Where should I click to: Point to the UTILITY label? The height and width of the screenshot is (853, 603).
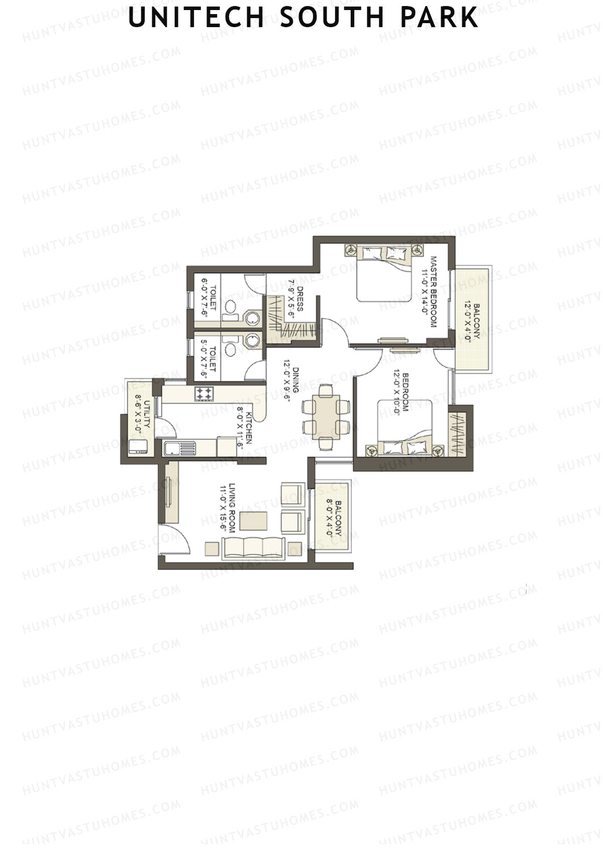pos(142,414)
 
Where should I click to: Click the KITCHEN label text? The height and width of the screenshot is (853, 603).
pos(244,430)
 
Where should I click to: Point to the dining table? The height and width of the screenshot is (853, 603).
pos(326,416)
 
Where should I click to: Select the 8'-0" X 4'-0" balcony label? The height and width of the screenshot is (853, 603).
pos(335,518)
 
